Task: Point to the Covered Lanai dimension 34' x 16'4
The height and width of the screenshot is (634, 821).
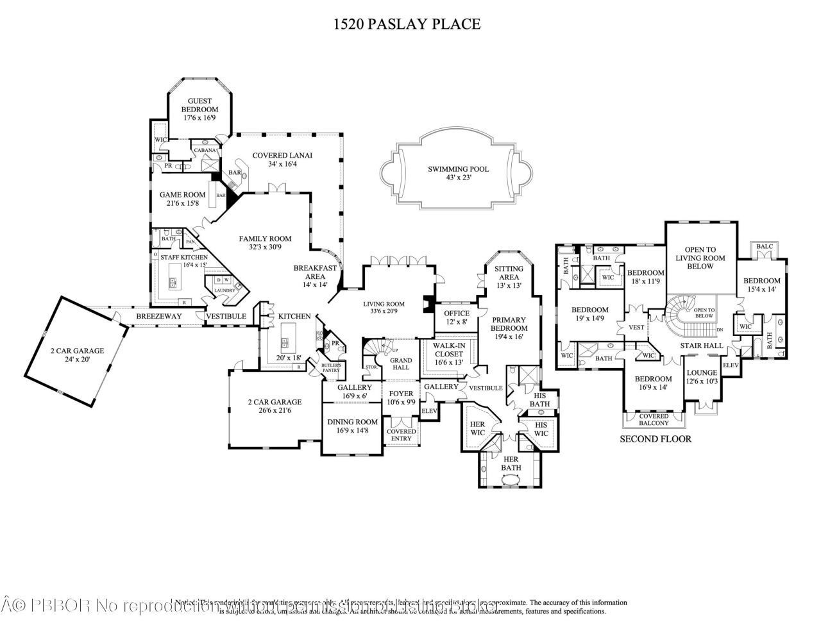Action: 273,164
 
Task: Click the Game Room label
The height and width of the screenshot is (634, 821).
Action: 182,195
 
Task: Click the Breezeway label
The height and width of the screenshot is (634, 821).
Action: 160,317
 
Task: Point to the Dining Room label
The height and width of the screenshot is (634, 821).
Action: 352,422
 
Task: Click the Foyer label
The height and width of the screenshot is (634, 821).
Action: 402,394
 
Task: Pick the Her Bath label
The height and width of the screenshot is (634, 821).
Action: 511,463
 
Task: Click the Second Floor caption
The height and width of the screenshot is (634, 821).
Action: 655,439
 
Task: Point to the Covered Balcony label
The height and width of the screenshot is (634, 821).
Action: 654,419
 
